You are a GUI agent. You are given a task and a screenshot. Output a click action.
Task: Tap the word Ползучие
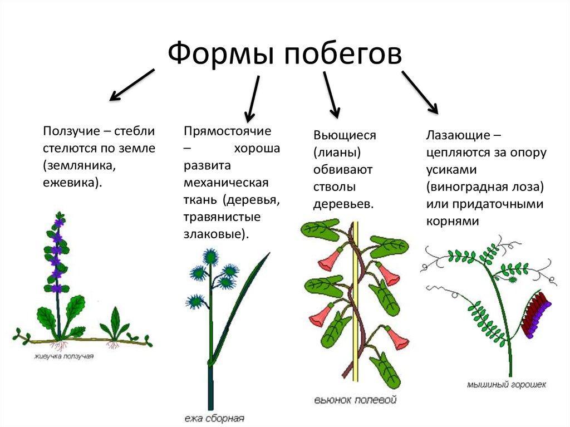point(71,131)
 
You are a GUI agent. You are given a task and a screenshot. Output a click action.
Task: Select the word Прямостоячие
point(227,131)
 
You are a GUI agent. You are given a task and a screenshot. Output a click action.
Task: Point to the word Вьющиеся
point(345,136)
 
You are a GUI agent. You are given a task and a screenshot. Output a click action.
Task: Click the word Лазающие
point(458,136)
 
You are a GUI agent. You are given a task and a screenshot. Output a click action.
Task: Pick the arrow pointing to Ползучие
point(132,85)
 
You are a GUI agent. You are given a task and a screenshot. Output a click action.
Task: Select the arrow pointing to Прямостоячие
point(252,99)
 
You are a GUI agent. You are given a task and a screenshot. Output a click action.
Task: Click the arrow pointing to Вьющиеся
point(332,95)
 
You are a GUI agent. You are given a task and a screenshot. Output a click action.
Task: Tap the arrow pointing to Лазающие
point(420,92)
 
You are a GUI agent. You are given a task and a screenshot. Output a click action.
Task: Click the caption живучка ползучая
point(63,356)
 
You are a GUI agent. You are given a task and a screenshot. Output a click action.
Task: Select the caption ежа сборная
point(214,419)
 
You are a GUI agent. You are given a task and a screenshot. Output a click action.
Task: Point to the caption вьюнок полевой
point(355,400)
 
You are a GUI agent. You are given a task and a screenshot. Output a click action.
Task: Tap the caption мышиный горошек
point(507,385)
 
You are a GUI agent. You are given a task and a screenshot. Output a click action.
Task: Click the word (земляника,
point(79,165)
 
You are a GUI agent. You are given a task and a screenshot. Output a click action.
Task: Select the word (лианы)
point(337,153)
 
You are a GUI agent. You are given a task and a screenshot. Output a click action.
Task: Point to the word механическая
point(226,183)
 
